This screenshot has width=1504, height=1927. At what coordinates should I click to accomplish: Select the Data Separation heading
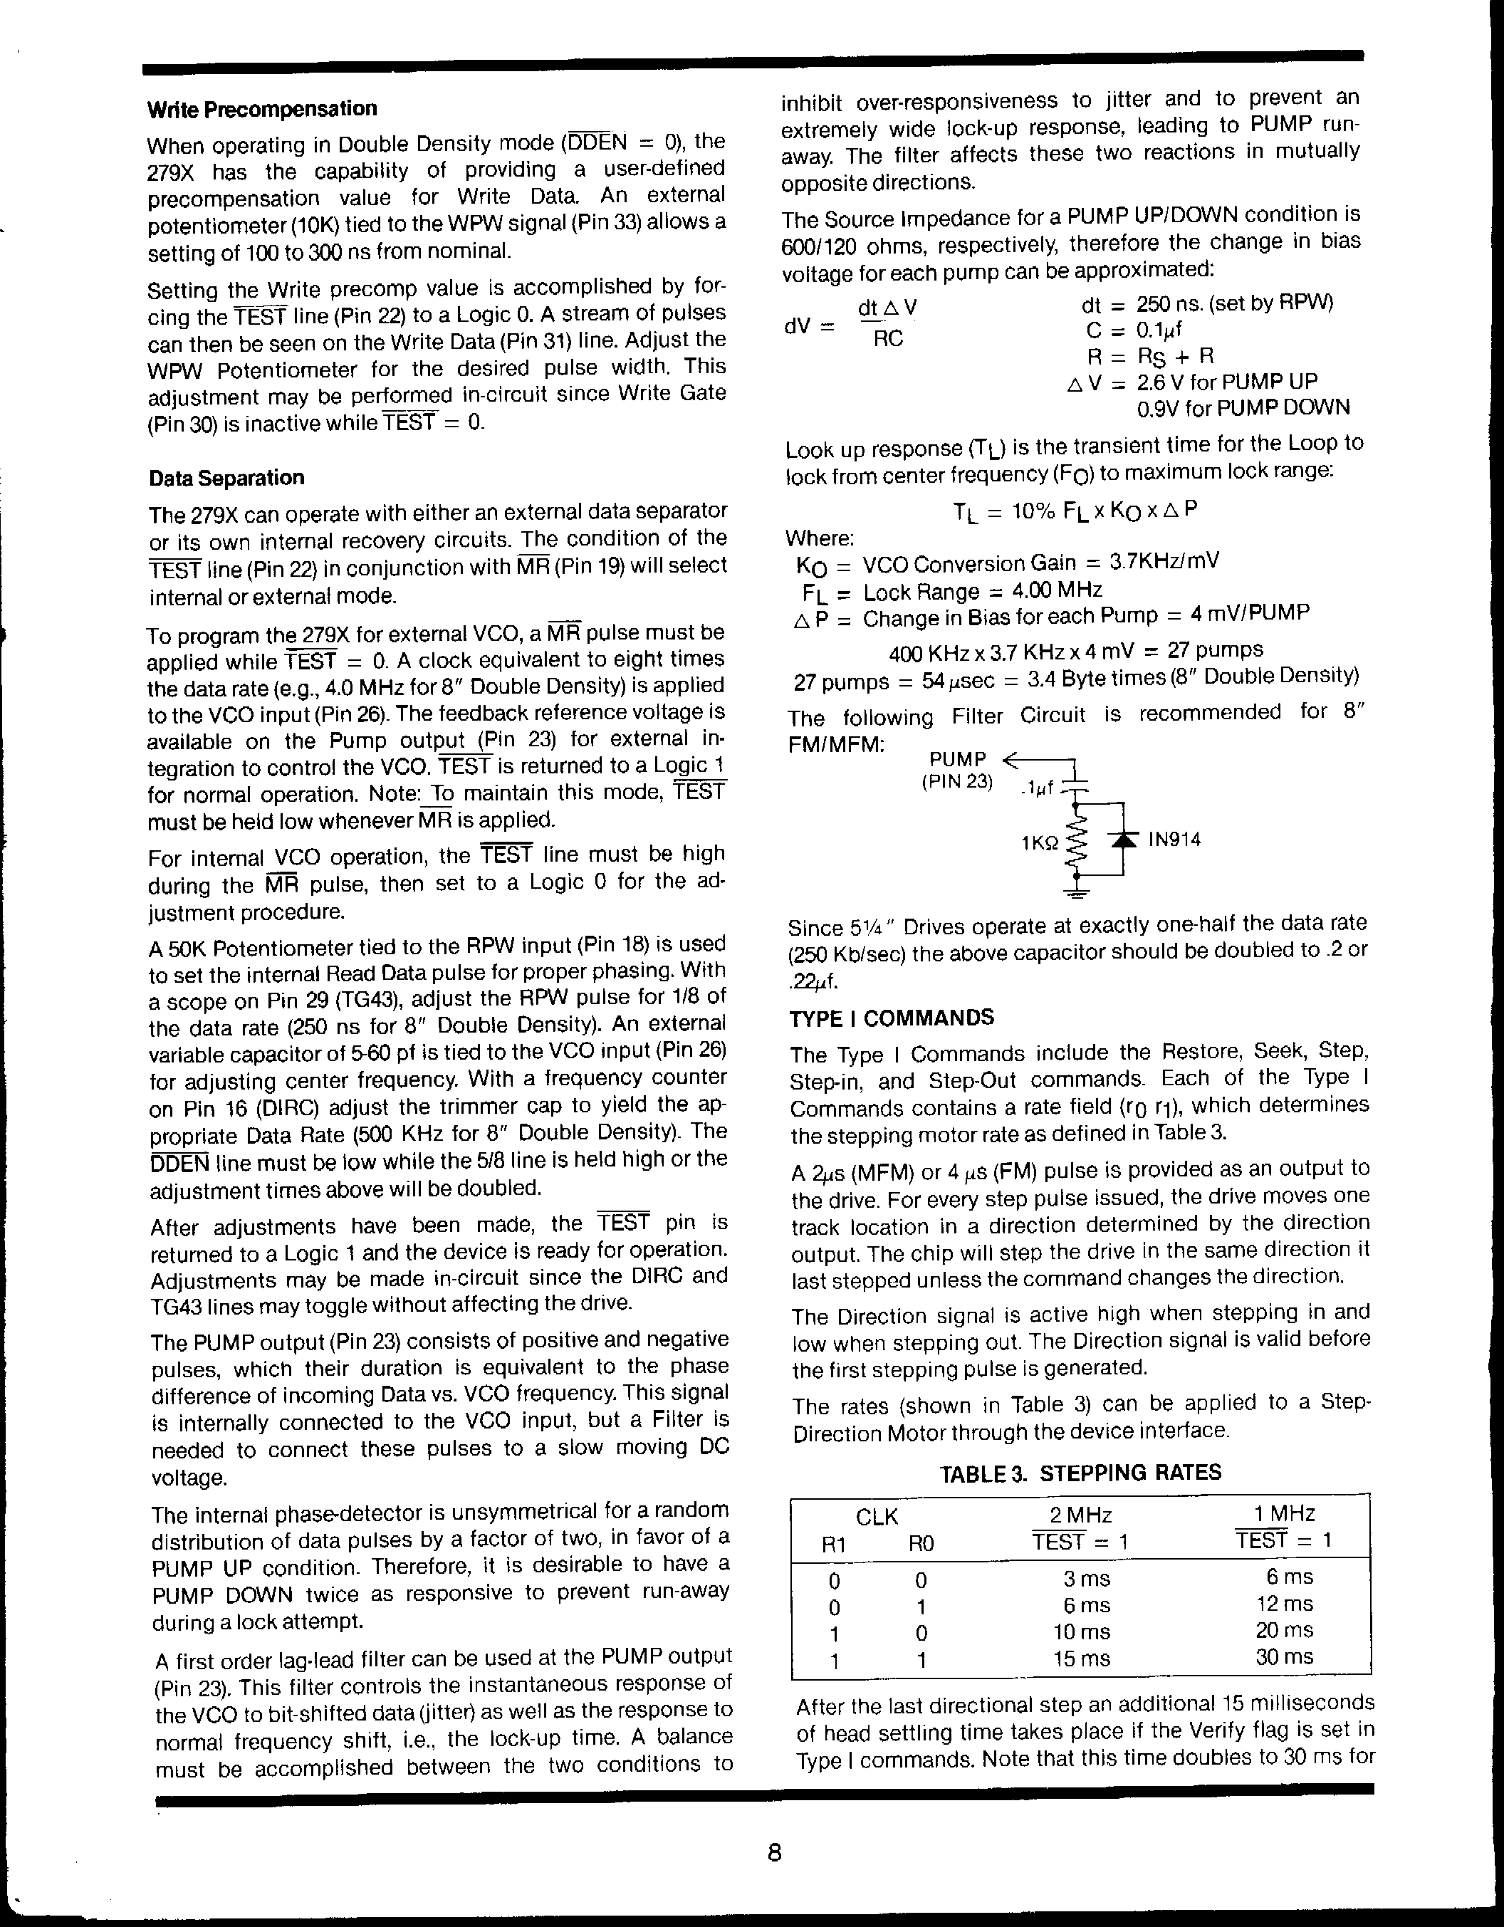pyautogui.click(x=226, y=479)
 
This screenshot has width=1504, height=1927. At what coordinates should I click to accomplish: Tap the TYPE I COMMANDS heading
pyautogui.click(x=892, y=1018)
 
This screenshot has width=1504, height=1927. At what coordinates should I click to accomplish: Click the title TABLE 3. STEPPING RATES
pyautogui.click(x=1080, y=1473)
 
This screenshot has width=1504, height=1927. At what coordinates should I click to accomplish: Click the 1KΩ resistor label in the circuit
pyautogui.click(x=1039, y=843)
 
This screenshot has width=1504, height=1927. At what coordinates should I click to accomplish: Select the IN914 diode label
pyautogui.click(x=1174, y=839)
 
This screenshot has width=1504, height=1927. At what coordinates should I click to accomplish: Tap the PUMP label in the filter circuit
pyautogui.click(x=957, y=760)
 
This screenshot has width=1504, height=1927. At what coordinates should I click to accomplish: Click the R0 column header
pyautogui.click(x=921, y=1544)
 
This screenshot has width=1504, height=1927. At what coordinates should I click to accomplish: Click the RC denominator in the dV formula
pyautogui.click(x=887, y=339)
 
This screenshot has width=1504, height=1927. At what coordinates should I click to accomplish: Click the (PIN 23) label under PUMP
pyautogui.click(x=957, y=783)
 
